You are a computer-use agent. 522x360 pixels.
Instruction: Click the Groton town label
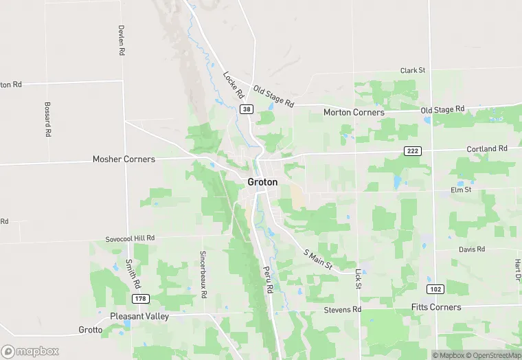[x=263, y=182]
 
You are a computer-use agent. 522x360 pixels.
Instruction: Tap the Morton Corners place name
[x=354, y=112]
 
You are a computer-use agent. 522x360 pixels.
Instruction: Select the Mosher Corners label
[x=124, y=159]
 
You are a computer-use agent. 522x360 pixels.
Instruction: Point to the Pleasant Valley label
[x=139, y=316]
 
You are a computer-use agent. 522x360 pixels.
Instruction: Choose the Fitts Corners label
[x=436, y=307]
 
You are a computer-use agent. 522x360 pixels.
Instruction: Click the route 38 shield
[x=246, y=109]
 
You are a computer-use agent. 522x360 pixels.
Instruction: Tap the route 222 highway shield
[x=411, y=151]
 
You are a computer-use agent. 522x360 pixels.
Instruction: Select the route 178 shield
[x=141, y=299]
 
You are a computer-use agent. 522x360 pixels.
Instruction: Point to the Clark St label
[x=413, y=70]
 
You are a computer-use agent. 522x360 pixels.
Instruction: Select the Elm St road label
[x=461, y=190]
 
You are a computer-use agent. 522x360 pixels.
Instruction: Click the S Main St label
[x=318, y=258]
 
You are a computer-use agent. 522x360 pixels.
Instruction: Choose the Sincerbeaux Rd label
[x=203, y=273]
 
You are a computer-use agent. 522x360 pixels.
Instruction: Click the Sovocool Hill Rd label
[x=130, y=238]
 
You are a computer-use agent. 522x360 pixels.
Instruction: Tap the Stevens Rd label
[x=342, y=310]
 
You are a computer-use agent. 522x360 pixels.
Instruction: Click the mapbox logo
[x=30, y=351]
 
